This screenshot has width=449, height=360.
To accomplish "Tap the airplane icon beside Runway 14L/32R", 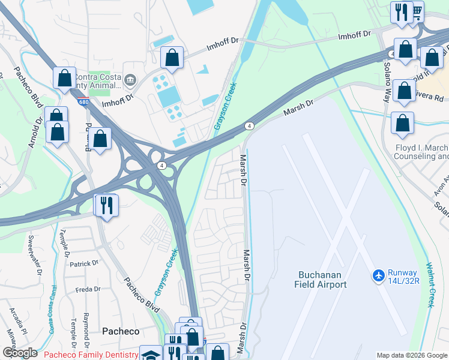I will [378, 275].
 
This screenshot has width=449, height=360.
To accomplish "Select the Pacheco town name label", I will [121, 331].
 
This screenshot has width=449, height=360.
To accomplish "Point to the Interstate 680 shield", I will [83, 102].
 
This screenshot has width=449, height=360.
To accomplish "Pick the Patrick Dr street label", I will [83, 263].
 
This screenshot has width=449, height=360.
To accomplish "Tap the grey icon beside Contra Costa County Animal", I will [130, 79].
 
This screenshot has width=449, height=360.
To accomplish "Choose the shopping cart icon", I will [416, 11].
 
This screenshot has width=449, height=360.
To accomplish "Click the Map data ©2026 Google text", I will [412, 355].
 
